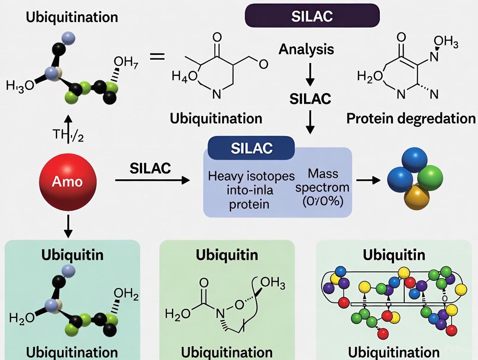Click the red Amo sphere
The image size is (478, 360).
click(68, 180)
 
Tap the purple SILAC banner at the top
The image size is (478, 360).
click(312, 16)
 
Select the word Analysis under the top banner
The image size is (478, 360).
click(306, 49)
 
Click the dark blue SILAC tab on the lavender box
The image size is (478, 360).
click(252, 148)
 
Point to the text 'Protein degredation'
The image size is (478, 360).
click(411, 118)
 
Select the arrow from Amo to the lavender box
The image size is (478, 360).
click(152, 180)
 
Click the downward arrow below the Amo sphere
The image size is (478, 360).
click(68, 226)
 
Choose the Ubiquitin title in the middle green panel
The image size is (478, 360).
click(226, 254)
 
